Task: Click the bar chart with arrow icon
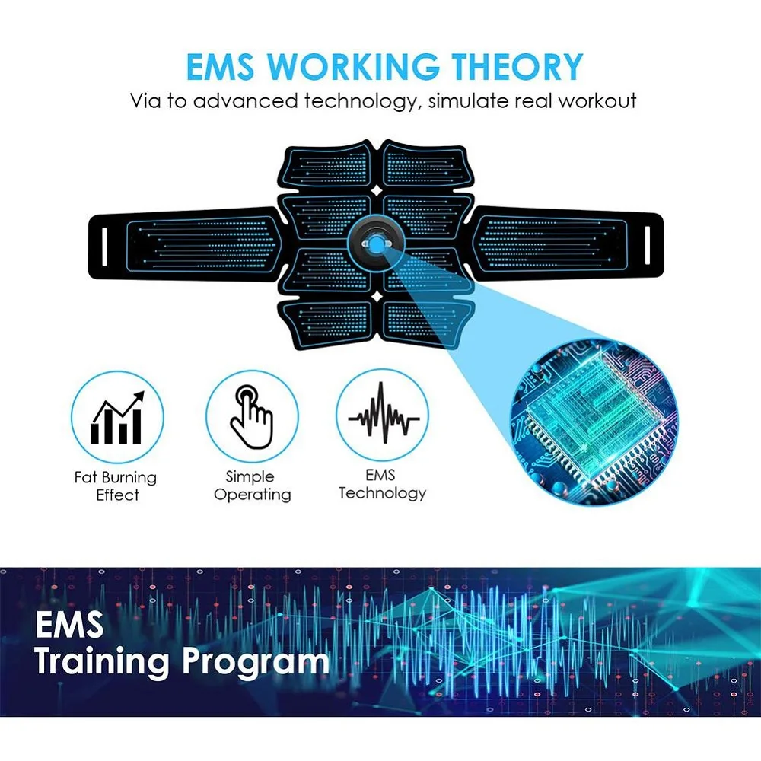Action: [117, 418]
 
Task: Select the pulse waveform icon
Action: [383, 418]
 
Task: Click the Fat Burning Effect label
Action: [116, 486]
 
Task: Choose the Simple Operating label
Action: [252, 486]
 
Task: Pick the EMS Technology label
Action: [382, 484]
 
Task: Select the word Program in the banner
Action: [255, 662]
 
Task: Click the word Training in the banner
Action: [102, 662]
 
